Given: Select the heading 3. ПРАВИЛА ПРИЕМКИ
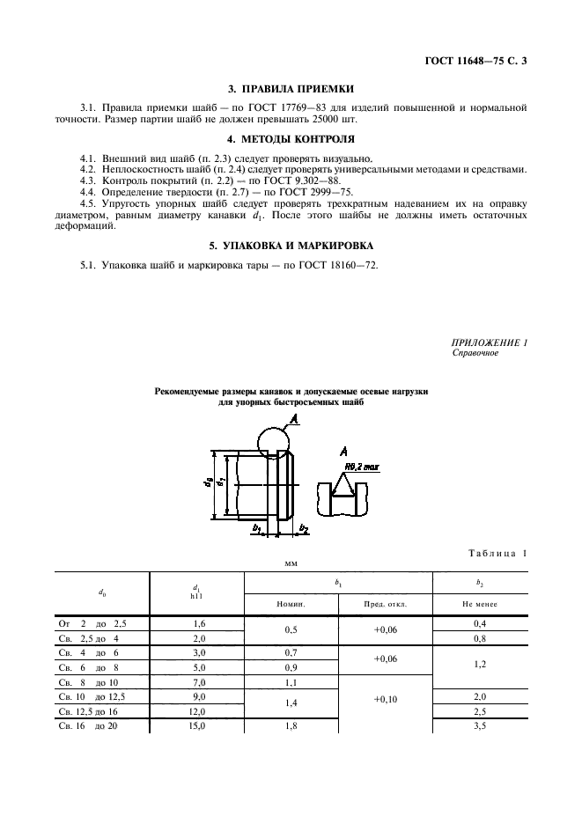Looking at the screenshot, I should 291,89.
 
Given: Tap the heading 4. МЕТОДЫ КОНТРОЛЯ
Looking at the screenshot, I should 291,138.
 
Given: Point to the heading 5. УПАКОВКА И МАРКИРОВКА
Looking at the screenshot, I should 291,245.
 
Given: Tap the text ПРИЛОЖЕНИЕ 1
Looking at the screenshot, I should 489,342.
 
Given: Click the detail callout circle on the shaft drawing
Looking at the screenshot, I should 273,443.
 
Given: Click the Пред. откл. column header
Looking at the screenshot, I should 385,605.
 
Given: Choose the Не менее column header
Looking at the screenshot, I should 480,605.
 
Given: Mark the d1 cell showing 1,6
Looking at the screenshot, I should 198,623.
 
